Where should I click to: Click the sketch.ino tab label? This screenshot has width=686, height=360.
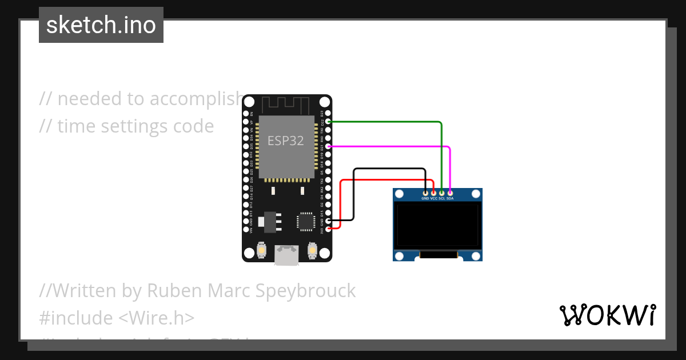click(101, 25)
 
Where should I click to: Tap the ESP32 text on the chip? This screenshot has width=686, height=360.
click(286, 141)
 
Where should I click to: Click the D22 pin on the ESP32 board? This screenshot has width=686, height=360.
click(328, 122)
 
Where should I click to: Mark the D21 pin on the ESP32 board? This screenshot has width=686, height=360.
click(328, 147)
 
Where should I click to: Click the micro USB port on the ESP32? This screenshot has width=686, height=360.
click(286, 255)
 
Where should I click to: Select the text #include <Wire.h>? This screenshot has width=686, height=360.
click(117, 318)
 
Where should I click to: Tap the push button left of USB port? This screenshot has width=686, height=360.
click(261, 250)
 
